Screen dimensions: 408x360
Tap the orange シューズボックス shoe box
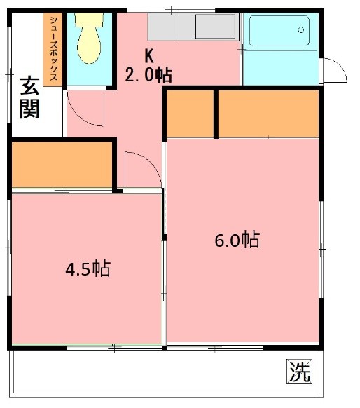click(52, 50)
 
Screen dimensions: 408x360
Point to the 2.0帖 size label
click(149, 73)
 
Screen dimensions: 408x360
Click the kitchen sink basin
click(216, 26)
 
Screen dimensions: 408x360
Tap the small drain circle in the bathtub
click(302, 29)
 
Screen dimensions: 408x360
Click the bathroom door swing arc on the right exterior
click(335, 70)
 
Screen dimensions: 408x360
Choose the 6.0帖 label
click(236, 240)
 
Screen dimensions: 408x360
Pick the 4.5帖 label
click(87, 268)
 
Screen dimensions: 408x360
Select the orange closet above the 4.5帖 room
click(63, 165)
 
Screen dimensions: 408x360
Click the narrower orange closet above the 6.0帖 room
click(190, 114)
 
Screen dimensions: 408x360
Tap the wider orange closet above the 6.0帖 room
click(270, 114)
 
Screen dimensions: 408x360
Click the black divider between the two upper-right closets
click(216, 114)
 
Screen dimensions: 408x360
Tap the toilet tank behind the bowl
click(88, 20)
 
